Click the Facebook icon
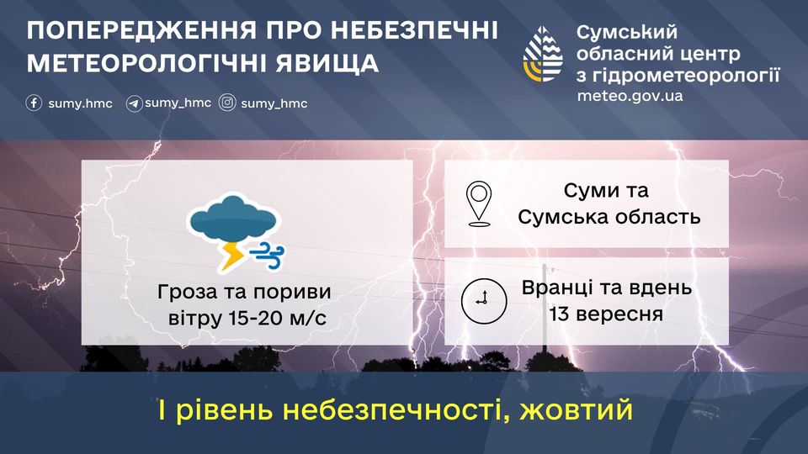click(x=34, y=103)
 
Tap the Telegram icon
click(x=134, y=103)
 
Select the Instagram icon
click(x=227, y=103)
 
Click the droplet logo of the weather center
click(x=543, y=54)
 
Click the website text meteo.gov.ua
click(x=630, y=96)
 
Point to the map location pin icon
click(x=479, y=203)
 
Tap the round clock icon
click(x=483, y=301)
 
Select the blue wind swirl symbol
click(x=267, y=256)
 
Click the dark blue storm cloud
click(x=233, y=219)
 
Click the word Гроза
click(x=187, y=292)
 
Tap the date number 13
click(x=560, y=314)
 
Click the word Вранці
click(x=557, y=288)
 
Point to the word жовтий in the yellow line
click(x=576, y=410)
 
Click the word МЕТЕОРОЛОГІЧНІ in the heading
click(x=146, y=63)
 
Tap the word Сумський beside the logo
click(x=626, y=33)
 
